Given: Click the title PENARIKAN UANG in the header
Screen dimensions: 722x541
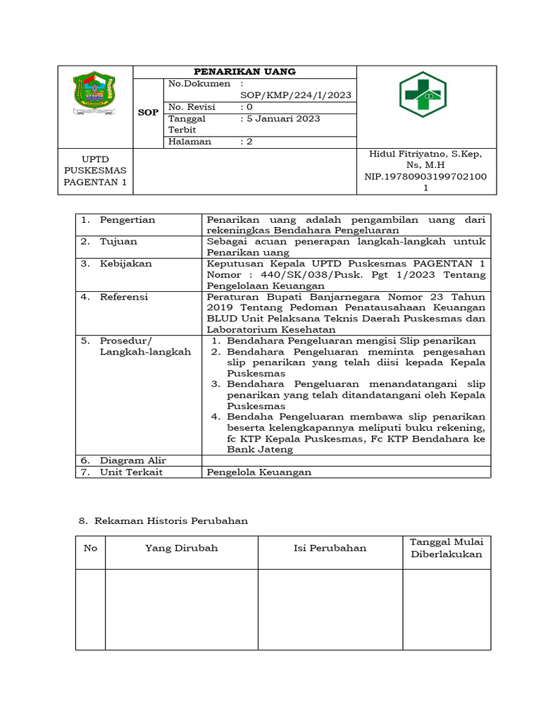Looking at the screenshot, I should (244, 72).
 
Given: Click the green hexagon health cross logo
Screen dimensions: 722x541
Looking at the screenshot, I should (423, 94).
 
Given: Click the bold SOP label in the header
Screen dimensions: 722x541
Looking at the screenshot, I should (148, 113).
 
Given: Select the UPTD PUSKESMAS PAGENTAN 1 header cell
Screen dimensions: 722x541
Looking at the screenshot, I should (95, 171).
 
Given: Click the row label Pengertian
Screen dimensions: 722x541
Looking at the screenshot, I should (127, 220).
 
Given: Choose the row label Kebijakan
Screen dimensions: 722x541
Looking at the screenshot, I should (125, 264).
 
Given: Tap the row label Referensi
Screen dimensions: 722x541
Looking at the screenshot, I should (124, 297).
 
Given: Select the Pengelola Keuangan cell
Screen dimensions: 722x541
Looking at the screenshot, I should (259, 472).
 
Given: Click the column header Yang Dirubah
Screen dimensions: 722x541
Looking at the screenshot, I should (181, 548).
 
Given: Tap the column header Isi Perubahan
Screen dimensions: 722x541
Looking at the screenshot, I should (330, 548).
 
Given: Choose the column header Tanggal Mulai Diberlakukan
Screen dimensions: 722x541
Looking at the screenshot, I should (446, 548).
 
